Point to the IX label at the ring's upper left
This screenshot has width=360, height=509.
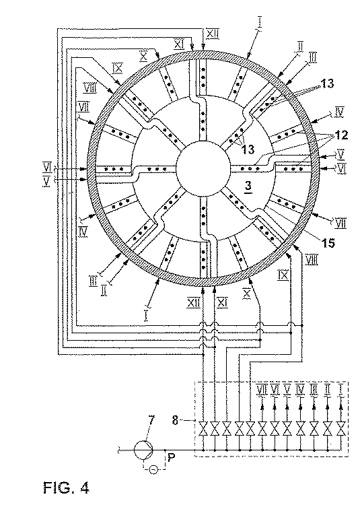point(117,67)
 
